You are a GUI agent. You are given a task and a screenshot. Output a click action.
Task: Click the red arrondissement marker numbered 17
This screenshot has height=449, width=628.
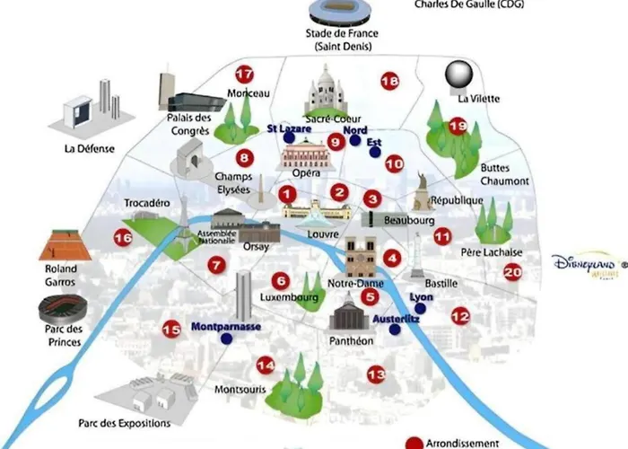[243, 75]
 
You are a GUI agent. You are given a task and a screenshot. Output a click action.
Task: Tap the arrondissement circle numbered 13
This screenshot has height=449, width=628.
[376, 374]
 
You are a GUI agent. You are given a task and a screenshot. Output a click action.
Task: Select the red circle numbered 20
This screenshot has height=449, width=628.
[512, 272]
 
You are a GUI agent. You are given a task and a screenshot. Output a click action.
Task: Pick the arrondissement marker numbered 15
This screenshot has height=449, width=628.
[171, 330]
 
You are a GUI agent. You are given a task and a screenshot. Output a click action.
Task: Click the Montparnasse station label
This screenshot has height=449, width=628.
[226, 327]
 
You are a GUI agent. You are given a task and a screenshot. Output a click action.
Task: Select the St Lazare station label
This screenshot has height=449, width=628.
[290, 129]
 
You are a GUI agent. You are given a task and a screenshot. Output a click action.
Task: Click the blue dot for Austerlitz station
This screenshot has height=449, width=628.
[394, 330]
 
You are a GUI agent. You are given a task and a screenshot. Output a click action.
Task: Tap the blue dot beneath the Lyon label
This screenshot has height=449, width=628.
[420, 309]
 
